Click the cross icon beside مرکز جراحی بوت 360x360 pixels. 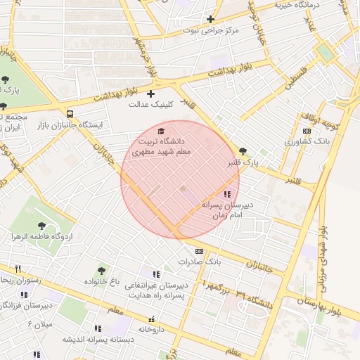(210, 19)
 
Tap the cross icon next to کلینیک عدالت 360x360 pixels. (150, 94)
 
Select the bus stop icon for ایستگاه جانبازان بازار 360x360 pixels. (70, 113)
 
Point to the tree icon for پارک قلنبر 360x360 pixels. (243, 150)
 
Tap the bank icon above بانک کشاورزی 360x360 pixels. (306, 131)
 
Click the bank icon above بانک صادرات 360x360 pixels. (199, 251)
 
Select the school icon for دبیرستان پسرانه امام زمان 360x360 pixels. (226, 194)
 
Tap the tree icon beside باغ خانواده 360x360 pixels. (102, 271)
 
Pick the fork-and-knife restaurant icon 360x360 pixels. (18, 269)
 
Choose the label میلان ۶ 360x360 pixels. (39, 323)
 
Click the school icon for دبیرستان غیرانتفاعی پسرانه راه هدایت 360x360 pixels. (156, 274)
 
